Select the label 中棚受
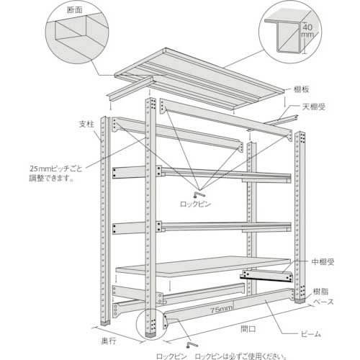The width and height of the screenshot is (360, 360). coord(325,262)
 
